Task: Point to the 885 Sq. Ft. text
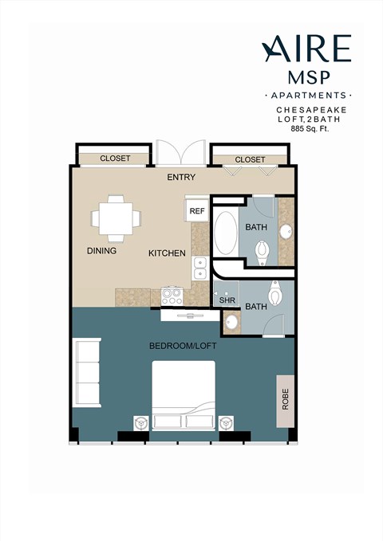click(x=313, y=128)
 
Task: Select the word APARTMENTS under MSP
click(x=306, y=95)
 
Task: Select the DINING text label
click(x=101, y=251)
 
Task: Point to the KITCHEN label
click(x=167, y=253)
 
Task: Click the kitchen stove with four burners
click(x=172, y=296)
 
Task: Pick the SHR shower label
click(x=227, y=301)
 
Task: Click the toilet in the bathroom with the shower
click(x=275, y=295)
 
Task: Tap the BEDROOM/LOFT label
click(x=183, y=347)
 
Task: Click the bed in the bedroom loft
click(x=184, y=395)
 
